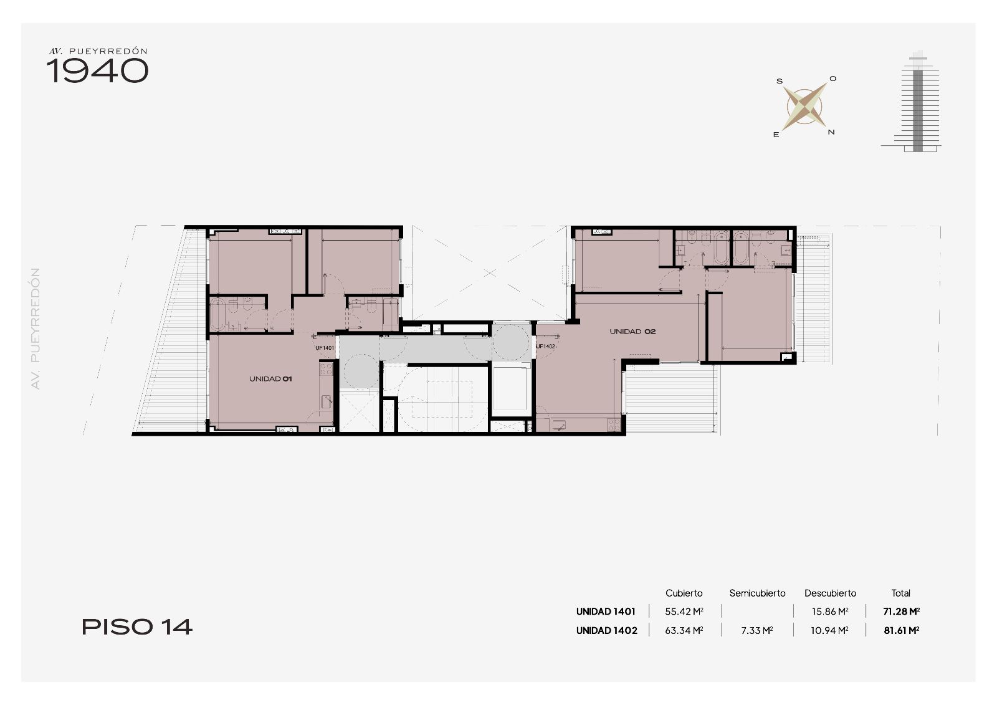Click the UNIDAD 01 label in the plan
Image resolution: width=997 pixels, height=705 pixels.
(x=270, y=379)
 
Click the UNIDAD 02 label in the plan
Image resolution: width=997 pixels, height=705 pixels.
(x=632, y=332)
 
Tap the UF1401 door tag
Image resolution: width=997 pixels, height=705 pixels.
(x=325, y=348)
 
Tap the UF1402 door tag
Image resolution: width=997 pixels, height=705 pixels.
(x=546, y=346)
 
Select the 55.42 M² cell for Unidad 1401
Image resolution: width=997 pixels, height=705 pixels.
(x=684, y=611)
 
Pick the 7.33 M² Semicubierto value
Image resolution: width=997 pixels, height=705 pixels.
(x=757, y=630)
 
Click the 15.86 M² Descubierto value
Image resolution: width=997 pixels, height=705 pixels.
(x=830, y=611)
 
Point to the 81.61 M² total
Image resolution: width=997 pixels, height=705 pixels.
(x=902, y=630)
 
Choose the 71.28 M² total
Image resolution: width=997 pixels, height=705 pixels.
(x=902, y=611)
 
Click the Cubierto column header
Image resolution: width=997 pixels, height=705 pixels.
(x=684, y=593)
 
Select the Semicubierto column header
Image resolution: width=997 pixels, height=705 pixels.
(x=758, y=593)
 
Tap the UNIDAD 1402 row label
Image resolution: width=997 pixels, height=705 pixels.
(x=607, y=630)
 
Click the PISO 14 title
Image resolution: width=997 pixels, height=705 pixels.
(x=137, y=627)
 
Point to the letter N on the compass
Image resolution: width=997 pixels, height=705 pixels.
(x=831, y=132)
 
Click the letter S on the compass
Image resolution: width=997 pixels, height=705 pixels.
(x=780, y=81)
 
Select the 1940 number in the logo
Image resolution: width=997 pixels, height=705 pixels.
(x=97, y=71)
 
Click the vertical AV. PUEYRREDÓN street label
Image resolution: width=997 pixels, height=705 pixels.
(x=36, y=329)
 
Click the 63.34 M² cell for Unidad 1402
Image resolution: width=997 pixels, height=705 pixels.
(x=684, y=630)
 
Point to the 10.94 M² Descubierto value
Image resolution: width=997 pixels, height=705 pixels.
(x=829, y=630)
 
